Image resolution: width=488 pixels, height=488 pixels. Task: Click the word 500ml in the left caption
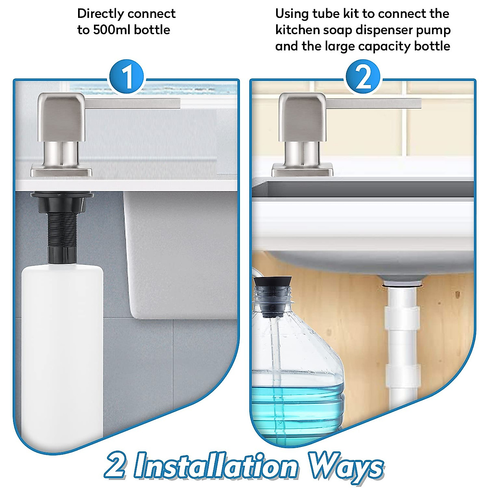tap(112, 30)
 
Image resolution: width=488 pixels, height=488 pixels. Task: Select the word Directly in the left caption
tap(100, 13)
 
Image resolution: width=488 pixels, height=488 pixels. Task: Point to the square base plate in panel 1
tap(61, 171)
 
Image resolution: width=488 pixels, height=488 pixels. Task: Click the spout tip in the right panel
tap(417, 103)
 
